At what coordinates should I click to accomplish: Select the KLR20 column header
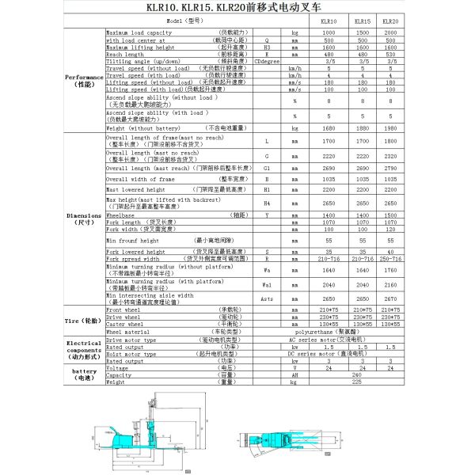pos(389,22)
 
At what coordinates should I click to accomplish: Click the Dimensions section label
pos(83,219)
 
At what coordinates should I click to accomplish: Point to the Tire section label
pos(83,321)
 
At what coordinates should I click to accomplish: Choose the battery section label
pos(83,374)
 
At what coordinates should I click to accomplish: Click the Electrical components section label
pos(83,348)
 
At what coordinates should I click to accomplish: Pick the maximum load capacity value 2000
pos(389,32)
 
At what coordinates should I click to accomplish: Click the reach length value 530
pos(389,54)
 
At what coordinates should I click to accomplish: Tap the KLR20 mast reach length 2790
pos(389,168)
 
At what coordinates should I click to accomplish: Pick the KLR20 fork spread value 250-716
pos(389,258)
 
